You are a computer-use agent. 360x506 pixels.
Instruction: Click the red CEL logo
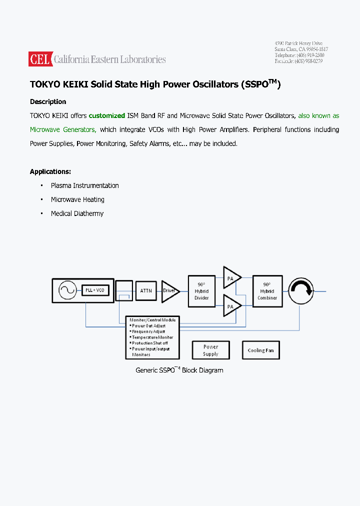tap(40, 59)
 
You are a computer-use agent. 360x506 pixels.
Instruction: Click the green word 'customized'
tap(106, 115)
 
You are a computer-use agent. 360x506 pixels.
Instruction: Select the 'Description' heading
tap(48, 101)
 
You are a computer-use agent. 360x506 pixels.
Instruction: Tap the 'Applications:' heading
tap(50, 171)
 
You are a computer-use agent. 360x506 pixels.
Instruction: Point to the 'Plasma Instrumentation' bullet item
tap(84, 185)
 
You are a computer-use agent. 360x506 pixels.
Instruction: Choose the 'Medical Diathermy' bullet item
tap(77, 213)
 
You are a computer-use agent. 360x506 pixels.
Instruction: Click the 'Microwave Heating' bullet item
tap(77, 199)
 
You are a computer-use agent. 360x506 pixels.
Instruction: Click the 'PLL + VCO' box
tap(95, 290)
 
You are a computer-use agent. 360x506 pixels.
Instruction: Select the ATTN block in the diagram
tap(146, 290)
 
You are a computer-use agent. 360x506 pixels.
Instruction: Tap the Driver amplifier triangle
tap(169, 290)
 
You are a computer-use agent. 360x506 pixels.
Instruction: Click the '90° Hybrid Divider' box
tap(201, 291)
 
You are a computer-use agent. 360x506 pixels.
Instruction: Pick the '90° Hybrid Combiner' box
tap(267, 291)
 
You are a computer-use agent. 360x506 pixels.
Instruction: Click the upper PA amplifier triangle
tap(230, 277)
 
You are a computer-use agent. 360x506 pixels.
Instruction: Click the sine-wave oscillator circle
tap(67, 290)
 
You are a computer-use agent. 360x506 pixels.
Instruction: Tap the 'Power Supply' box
tap(210, 350)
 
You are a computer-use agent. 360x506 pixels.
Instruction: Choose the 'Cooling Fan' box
tap(260, 350)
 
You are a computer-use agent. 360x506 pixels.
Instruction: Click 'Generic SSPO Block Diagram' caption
tap(179, 370)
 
